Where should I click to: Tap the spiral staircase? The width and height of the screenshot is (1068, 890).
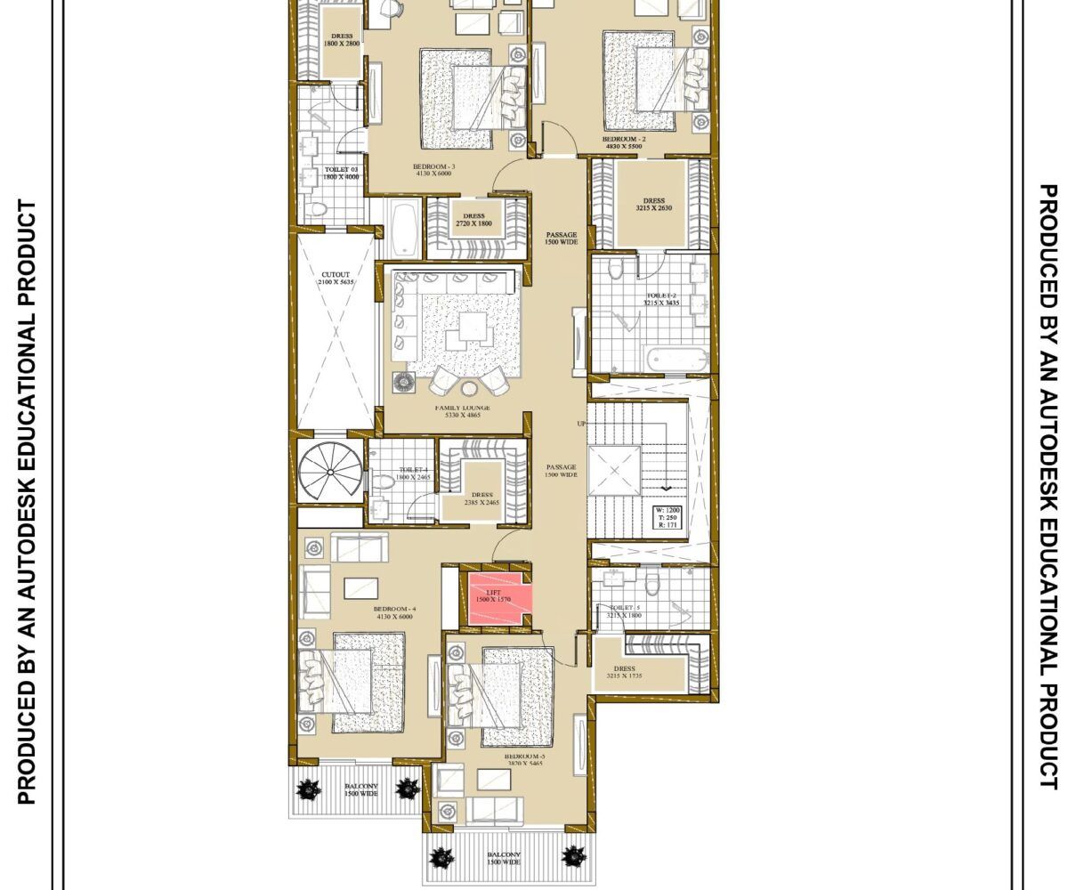(330, 473)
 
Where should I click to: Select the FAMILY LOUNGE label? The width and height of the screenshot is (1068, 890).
(463, 412)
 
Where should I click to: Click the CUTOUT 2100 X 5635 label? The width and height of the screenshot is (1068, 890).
(336, 279)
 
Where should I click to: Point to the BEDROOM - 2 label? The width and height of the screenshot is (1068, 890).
(624, 143)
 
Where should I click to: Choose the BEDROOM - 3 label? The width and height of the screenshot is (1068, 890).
(434, 170)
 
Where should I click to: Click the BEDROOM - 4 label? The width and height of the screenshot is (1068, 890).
(395, 611)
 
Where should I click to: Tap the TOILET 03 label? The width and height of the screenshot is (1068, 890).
(340, 173)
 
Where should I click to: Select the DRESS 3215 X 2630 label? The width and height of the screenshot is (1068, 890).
(653, 205)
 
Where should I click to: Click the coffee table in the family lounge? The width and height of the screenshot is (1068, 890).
(467, 329)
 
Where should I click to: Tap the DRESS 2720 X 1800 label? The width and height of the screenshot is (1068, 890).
(473, 220)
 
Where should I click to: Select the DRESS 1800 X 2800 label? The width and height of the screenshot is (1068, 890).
(341, 40)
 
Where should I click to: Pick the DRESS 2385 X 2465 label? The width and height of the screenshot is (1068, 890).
(481, 498)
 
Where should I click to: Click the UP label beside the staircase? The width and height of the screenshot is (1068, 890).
(581, 424)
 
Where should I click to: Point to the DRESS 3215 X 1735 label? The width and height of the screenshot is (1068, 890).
(624, 673)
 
